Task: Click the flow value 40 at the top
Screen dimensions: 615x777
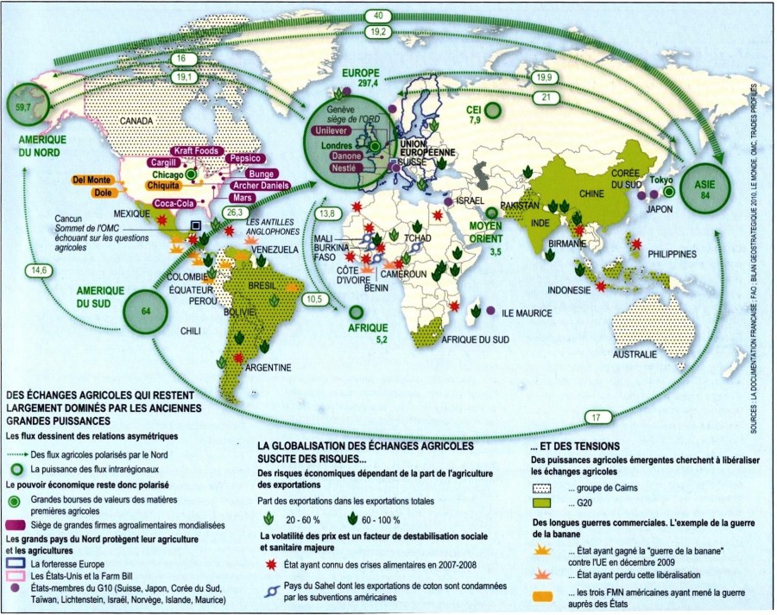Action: pos(377,16)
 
